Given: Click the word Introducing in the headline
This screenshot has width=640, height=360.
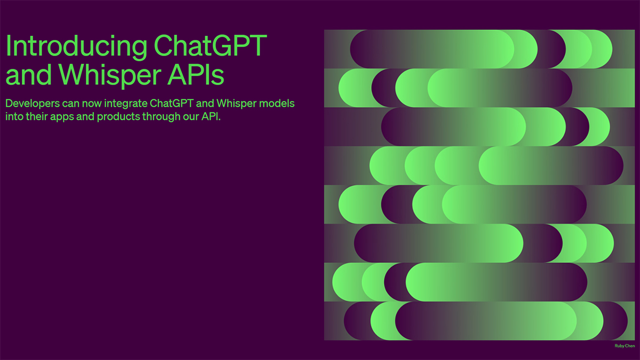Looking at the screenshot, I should pyautogui.click(x=75, y=47).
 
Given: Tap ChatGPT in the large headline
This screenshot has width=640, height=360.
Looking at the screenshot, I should pyautogui.click(x=210, y=47).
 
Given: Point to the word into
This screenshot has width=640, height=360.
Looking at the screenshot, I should pyautogui.click(x=14, y=117).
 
